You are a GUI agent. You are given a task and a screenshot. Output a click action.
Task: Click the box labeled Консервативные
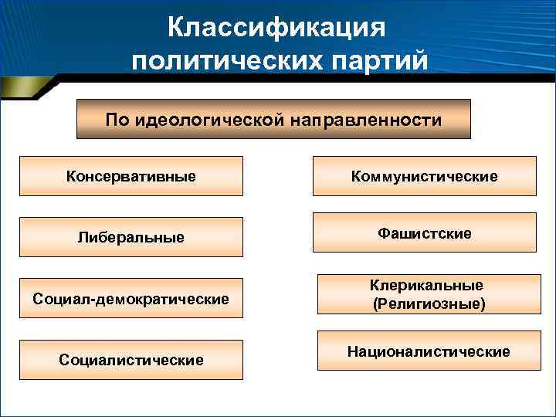[131, 176]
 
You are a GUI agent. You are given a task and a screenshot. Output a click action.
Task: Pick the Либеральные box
[131, 236]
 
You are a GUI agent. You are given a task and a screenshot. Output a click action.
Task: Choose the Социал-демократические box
[131, 298]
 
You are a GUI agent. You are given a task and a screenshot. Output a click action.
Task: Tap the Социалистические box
[131, 360]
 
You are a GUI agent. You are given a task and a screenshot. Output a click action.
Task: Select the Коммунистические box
[424, 176]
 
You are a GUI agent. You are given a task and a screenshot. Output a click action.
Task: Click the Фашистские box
[424, 232]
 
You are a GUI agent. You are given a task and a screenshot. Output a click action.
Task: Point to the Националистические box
[429, 352]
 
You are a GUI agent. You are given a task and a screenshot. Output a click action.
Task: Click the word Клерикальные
[429, 286]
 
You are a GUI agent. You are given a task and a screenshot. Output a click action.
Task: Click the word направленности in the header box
[368, 120]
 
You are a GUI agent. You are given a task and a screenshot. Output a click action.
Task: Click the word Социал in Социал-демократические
[61, 298]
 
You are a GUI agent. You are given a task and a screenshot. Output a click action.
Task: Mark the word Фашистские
[424, 232]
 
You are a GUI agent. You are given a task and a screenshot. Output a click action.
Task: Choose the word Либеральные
[131, 236]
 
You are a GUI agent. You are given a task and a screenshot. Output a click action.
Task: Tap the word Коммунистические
[424, 176]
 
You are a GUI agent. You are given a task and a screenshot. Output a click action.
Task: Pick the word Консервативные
[131, 176]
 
